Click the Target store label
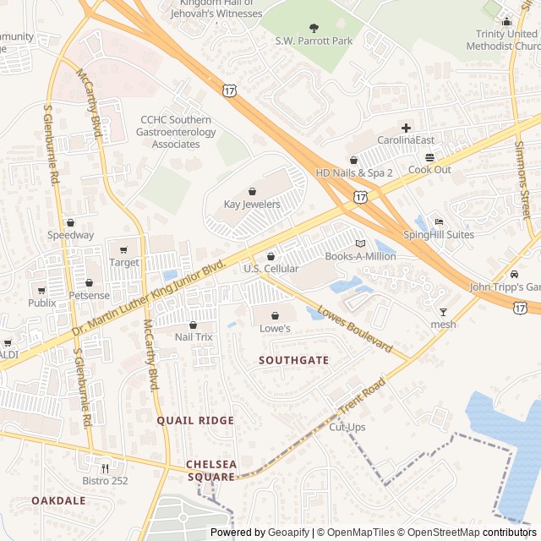(124, 263)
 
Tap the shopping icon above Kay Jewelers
(252, 191)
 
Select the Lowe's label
(275, 328)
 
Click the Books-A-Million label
(361, 256)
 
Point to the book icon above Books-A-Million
(360, 243)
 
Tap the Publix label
(41, 303)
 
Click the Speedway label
(71, 235)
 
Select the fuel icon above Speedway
(71, 222)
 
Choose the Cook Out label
(429, 170)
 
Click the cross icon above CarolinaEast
(406, 128)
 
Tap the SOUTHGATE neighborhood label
(293, 360)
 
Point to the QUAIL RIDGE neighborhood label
(195, 420)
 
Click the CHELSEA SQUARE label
(211, 471)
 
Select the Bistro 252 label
(106, 481)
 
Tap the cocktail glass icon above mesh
(443, 312)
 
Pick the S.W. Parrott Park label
(314, 40)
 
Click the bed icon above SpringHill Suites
(438, 222)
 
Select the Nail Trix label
(194, 337)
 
